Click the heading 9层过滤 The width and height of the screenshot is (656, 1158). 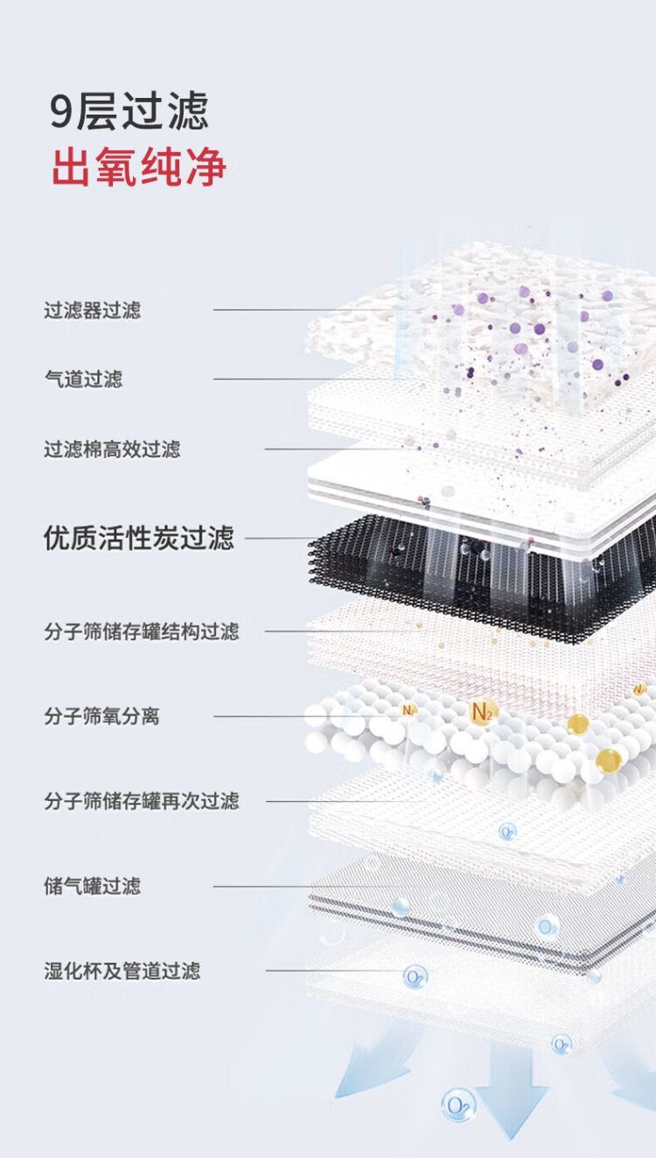[x=129, y=110]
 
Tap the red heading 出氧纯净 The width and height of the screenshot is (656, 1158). [x=138, y=166]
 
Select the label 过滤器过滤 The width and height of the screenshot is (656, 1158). [x=92, y=310]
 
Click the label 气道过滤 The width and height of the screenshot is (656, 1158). [x=83, y=379]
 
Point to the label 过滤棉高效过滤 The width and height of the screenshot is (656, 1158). [x=112, y=449]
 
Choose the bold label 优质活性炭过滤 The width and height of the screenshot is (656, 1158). [x=139, y=538]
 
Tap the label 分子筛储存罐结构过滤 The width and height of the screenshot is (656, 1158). [x=142, y=631]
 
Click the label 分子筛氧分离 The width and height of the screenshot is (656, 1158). [x=101, y=716]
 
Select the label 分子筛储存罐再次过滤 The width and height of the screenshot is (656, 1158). [x=142, y=801]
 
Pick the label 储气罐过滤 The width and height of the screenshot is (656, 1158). [x=92, y=886]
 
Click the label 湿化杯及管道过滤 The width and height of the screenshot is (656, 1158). [x=122, y=971]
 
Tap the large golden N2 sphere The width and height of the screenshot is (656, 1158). [x=482, y=712]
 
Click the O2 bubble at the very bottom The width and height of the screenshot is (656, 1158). [x=458, y=1105]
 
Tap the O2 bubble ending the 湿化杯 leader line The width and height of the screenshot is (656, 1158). [x=415, y=977]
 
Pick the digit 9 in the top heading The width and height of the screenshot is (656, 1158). [x=60, y=112]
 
